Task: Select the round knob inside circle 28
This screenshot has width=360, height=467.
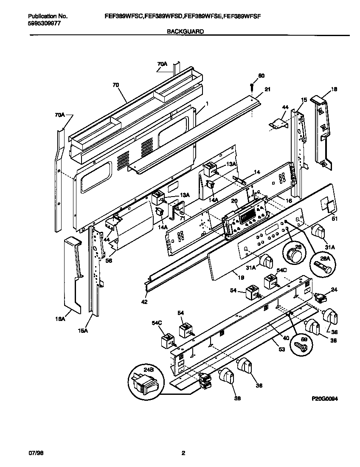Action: [292, 256]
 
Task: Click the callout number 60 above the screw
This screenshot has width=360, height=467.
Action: [261, 76]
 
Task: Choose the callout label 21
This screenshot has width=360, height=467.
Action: [267, 90]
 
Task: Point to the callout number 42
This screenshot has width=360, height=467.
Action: [144, 302]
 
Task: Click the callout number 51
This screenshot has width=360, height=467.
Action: [334, 219]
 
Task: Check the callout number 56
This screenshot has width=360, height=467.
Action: [109, 261]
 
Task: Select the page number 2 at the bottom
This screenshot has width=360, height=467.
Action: [183, 453]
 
